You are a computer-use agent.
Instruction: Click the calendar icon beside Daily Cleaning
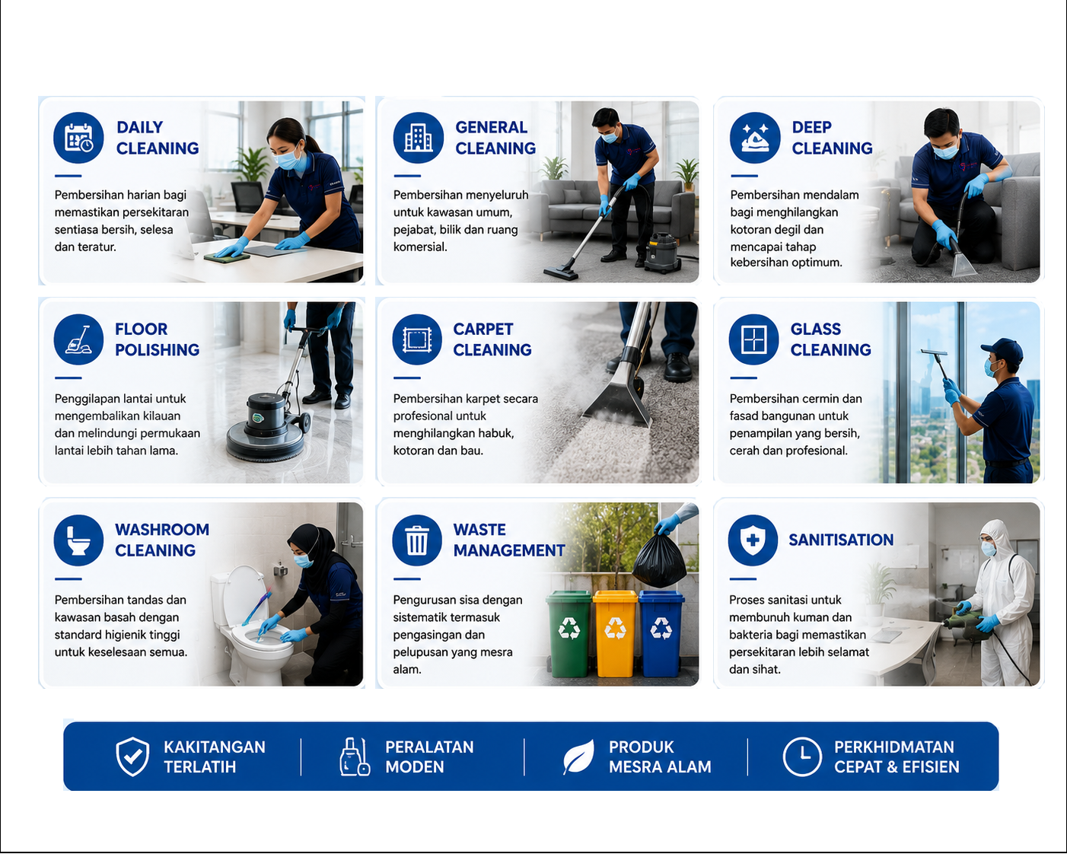pos(78,137)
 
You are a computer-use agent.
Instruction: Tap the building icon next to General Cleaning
pos(418,137)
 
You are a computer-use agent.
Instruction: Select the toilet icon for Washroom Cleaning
pos(78,540)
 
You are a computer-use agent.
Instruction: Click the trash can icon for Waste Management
pos(417,540)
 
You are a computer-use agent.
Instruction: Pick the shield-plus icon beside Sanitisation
pos(753,540)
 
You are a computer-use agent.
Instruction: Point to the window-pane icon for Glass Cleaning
pos(753,339)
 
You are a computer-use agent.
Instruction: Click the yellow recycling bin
pos(615,633)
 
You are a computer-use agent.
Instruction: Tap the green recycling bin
pos(569,633)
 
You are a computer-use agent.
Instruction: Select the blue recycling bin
pos(661,633)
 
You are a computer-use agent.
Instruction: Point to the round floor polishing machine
pos(266,426)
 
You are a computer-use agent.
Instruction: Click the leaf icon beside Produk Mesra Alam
pos(578,757)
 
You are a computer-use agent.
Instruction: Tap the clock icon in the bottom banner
pos(801,757)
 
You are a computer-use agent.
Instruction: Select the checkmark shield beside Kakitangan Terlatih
pos(132,757)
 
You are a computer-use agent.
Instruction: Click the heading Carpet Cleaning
pos(492,339)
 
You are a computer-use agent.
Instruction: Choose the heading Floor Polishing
pos(158,339)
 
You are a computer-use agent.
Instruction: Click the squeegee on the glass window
pos(934,352)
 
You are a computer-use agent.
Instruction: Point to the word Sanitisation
pos(841,540)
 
